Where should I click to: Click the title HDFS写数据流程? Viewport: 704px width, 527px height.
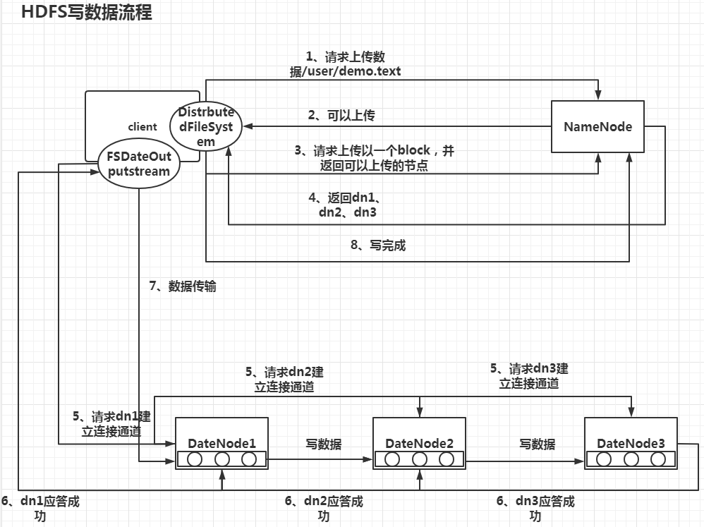(x=86, y=13)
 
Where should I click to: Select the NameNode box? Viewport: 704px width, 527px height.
(x=597, y=127)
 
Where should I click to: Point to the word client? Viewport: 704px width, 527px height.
(x=142, y=127)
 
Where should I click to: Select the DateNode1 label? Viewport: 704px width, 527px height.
(x=221, y=443)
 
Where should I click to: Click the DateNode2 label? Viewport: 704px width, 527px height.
(x=419, y=443)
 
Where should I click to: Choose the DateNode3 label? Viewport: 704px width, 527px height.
(x=631, y=443)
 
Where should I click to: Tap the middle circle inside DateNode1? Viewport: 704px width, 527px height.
(x=221, y=459)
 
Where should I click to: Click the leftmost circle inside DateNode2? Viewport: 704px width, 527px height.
(x=392, y=459)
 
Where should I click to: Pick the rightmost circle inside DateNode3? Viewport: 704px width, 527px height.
(x=657, y=459)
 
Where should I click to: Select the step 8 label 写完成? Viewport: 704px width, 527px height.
(x=378, y=246)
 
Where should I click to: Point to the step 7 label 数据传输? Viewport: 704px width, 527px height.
(x=183, y=286)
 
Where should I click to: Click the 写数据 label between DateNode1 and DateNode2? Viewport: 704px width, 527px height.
(x=323, y=444)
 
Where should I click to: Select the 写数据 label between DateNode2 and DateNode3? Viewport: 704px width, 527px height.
(x=537, y=444)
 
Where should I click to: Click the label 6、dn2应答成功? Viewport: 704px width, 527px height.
(x=324, y=508)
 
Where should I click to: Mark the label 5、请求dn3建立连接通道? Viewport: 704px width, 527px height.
(x=529, y=376)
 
